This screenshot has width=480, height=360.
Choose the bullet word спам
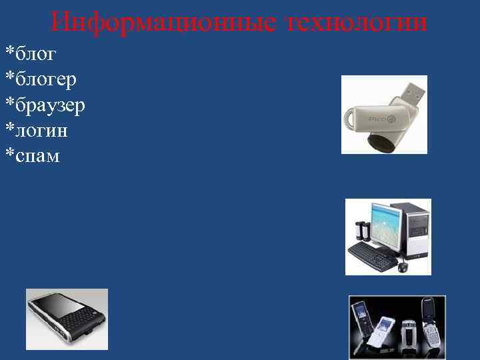pos(37,156)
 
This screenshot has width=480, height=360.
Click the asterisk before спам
pos(9,153)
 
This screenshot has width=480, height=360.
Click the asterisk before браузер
pos(9,102)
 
